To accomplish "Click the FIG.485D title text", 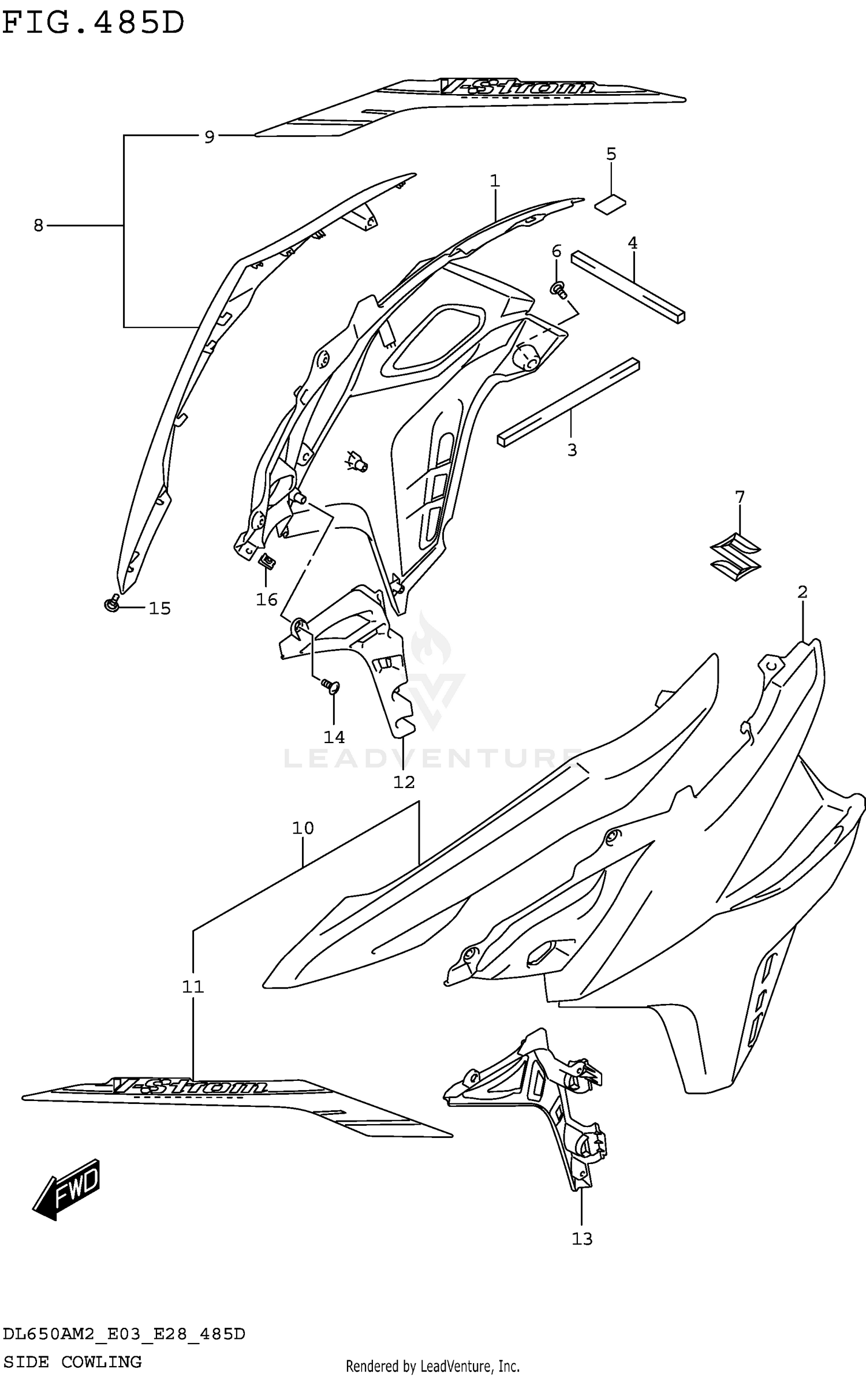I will pos(93,23).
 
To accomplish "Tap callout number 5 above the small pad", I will pos(611,154).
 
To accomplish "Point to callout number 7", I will pos(740,497).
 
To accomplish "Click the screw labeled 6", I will pos(559,290).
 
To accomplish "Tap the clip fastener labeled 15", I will pos(113,603).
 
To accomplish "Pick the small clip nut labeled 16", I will pos(266,561).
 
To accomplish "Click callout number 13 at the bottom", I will pos(582,1238).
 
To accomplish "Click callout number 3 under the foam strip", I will pos(572,450).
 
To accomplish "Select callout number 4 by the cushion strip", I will pos(633,244).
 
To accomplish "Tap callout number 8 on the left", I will pos(38,225).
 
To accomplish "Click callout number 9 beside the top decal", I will pos(209,137).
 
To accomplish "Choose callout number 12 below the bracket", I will pos(404,782).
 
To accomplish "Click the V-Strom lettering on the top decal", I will pos(517,87).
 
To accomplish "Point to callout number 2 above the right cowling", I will pos(802,592).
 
